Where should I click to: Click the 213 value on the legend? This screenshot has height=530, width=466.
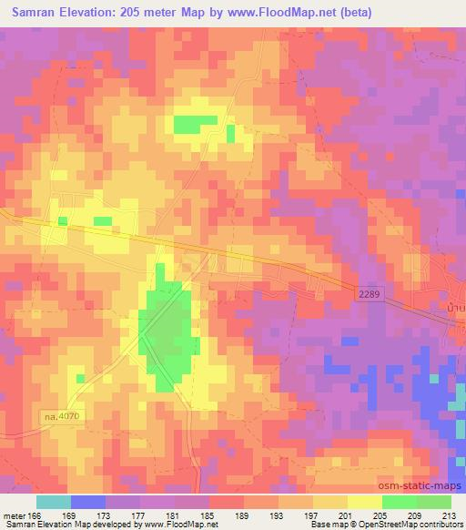click(451, 515)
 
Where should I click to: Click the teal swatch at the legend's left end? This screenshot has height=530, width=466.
click(53, 502)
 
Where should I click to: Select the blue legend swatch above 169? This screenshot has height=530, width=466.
click(87, 502)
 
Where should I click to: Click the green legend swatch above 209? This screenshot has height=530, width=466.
click(400, 502)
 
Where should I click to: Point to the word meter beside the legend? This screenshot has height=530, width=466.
click(14, 515)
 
